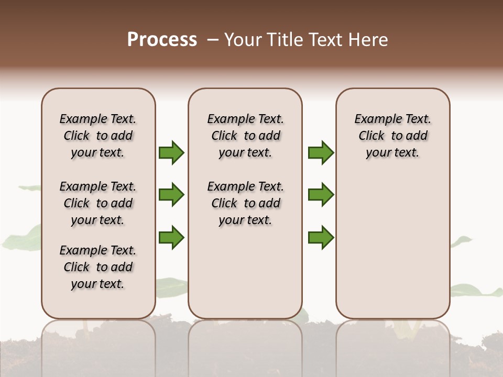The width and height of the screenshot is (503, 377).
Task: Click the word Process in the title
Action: [x=162, y=40]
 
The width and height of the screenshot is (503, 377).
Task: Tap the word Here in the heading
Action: [x=368, y=40]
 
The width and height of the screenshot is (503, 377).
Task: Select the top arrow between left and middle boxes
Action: [x=171, y=152]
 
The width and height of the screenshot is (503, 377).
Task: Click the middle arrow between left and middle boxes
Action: [x=171, y=195]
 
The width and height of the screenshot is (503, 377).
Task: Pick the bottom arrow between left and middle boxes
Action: [x=171, y=237]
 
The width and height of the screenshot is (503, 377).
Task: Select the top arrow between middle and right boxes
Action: [x=321, y=152]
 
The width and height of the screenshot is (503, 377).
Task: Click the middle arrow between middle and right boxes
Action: [x=321, y=195]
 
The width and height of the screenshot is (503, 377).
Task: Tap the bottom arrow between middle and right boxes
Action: [x=321, y=237]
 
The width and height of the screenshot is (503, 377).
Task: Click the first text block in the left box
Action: [x=98, y=136]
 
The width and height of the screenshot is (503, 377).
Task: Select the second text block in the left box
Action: [x=98, y=203]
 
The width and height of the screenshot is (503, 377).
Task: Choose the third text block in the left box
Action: [x=98, y=267]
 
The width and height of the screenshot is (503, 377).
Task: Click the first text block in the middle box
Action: [x=245, y=136]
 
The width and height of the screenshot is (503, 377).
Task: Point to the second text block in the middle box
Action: [x=245, y=203]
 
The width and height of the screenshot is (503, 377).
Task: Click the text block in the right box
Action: [x=392, y=136]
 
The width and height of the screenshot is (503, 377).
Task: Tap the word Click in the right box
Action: [x=371, y=136]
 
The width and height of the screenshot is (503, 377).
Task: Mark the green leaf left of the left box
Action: [x=24, y=238]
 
